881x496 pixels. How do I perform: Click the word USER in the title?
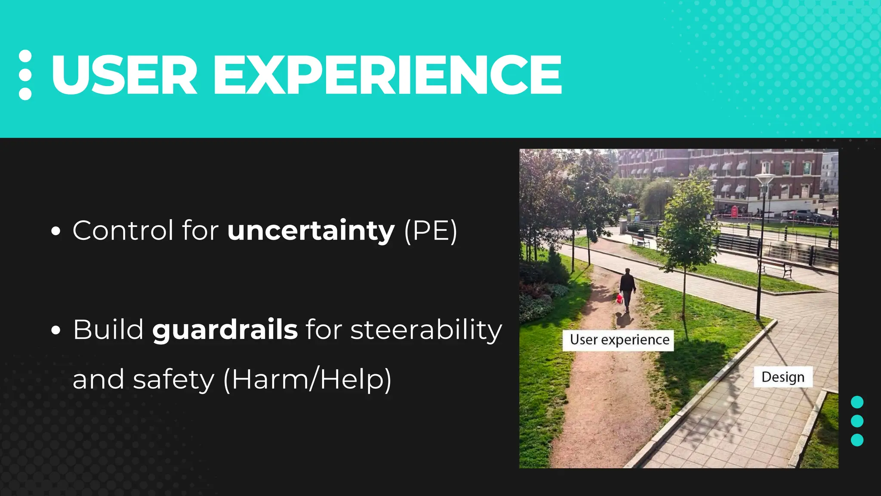pos(124,75)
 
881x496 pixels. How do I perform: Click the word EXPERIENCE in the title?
pos(387,75)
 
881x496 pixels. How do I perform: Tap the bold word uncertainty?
pos(311,230)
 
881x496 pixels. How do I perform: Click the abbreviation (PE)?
pos(431,231)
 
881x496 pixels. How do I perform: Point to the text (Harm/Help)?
pos(308,379)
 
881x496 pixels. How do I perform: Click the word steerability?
pos(426,330)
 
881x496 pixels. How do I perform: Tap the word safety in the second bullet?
pos(173,379)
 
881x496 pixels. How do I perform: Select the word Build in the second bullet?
pos(108,330)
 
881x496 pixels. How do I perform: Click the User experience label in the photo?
pos(619,340)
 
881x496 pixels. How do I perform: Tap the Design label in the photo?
pos(782,377)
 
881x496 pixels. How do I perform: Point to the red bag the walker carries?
pos(619,298)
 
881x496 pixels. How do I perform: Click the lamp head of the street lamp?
pos(764,178)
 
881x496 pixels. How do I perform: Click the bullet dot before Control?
pos(55,231)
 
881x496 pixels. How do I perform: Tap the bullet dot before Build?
pos(55,331)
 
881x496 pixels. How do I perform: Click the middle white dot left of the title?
pos(25,75)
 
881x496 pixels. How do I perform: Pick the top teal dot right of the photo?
pos(857,402)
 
